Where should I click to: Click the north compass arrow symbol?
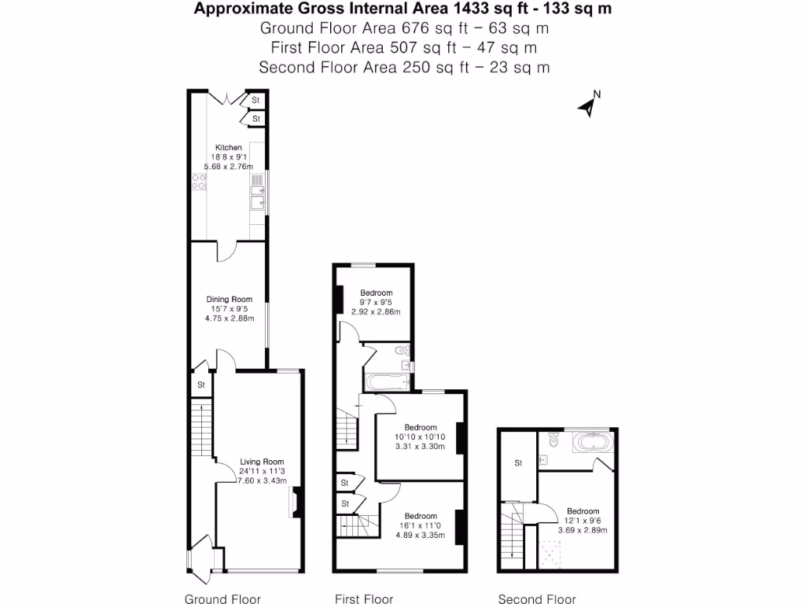586,106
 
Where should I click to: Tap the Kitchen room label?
229,148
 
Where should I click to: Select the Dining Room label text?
229,300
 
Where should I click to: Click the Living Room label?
262,462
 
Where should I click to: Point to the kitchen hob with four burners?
199,182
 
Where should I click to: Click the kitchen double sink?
256,193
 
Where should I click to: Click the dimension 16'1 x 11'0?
420,526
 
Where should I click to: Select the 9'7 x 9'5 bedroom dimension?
376,303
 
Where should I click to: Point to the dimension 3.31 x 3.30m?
420,447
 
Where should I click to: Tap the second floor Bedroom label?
583,511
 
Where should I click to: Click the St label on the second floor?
518,463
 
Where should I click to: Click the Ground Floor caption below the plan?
222,599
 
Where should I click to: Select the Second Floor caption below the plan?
537,599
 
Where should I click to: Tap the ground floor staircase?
202,429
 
